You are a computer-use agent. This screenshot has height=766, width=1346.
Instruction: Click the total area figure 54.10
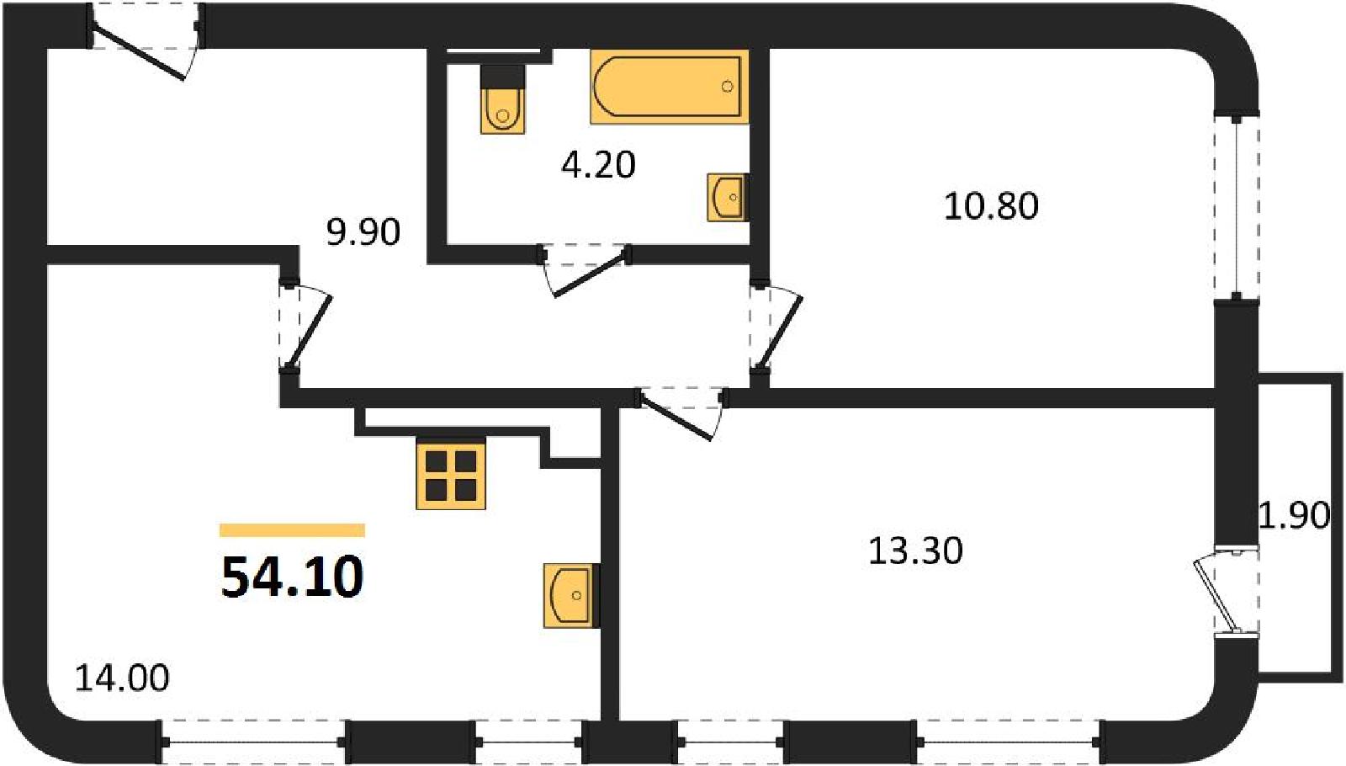pyautogui.click(x=293, y=577)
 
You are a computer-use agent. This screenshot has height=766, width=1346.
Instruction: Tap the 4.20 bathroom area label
pyautogui.click(x=598, y=165)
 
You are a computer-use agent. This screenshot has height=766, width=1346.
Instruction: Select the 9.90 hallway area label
pyautogui.click(x=363, y=232)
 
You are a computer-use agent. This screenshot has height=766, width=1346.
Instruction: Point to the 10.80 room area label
pyautogui.click(x=991, y=206)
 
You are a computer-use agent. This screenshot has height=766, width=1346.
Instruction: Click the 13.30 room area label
pyautogui.click(x=915, y=551)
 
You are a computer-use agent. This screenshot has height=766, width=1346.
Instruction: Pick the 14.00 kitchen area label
pyautogui.click(x=122, y=678)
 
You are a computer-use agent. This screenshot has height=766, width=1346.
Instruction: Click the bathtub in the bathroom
pyautogui.click(x=670, y=87)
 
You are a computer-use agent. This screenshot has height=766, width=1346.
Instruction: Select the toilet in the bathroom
pyautogui.click(x=502, y=98)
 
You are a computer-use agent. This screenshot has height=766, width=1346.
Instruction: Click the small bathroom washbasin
pyautogui.click(x=728, y=197)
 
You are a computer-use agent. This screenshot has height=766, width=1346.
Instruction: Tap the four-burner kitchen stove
pyautogui.click(x=451, y=475)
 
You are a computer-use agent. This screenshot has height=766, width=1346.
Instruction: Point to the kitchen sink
pyautogui.click(x=571, y=595)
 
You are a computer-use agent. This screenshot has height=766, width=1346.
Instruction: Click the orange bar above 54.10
pyautogui.click(x=293, y=529)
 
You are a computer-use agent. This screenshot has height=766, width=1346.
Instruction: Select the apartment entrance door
pyautogui.click(x=144, y=42)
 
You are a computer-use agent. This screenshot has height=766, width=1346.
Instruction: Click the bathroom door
pyautogui.click(x=586, y=269)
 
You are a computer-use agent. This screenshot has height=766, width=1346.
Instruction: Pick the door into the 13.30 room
pyautogui.click(x=681, y=413)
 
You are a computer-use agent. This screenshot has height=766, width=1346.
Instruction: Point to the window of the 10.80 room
pyautogui.click(x=1236, y=206)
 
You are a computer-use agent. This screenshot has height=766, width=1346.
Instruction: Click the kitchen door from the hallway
pyautogui.click(x=305, y=329)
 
